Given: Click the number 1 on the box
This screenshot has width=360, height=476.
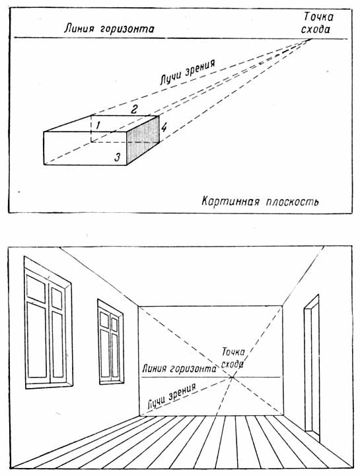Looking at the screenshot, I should point(96,124).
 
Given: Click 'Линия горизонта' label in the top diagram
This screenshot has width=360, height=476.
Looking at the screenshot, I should point(109,28).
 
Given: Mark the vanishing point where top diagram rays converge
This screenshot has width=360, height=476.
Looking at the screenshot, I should point(311,39).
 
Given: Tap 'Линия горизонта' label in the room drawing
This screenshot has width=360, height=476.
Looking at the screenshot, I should point(179,368).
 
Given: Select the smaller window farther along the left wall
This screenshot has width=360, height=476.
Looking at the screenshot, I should point(110,341).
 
